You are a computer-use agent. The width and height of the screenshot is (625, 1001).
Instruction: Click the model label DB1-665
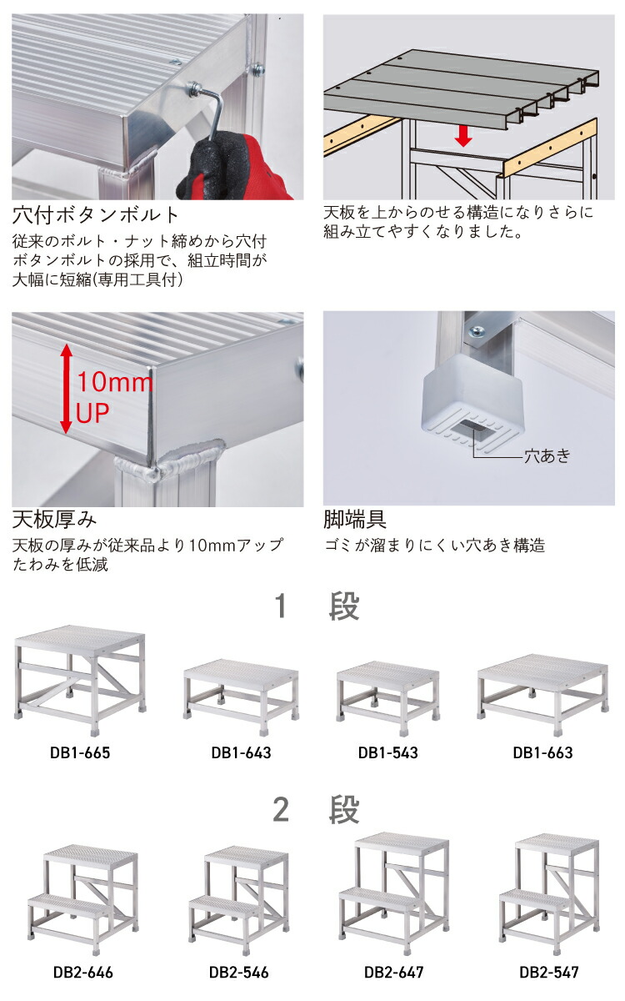(80, 752)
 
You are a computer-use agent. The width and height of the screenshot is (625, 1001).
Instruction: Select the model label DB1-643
(241, 752)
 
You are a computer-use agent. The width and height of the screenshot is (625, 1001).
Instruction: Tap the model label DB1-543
(388, 752)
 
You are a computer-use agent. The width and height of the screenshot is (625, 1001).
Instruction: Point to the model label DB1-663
(542, 752)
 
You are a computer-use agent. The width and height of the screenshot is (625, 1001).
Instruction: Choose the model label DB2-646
(82, 972)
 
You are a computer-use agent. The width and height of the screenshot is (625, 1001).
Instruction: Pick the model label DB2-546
(238, 972)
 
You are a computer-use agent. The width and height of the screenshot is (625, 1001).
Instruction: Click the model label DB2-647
(393, 972)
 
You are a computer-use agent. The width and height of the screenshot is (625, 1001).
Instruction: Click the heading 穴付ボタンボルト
(95, 215)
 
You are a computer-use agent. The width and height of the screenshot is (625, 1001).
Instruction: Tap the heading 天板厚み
(54, 521)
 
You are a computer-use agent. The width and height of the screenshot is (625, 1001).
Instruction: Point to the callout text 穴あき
(547, 455)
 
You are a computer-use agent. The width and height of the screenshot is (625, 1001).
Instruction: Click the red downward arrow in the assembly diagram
(463, 134)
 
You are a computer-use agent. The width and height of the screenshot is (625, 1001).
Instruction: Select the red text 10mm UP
(112, 398)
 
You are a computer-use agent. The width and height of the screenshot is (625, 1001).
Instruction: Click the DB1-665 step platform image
(80, 676)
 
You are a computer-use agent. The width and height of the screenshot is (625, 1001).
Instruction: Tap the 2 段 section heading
(316, 809)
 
